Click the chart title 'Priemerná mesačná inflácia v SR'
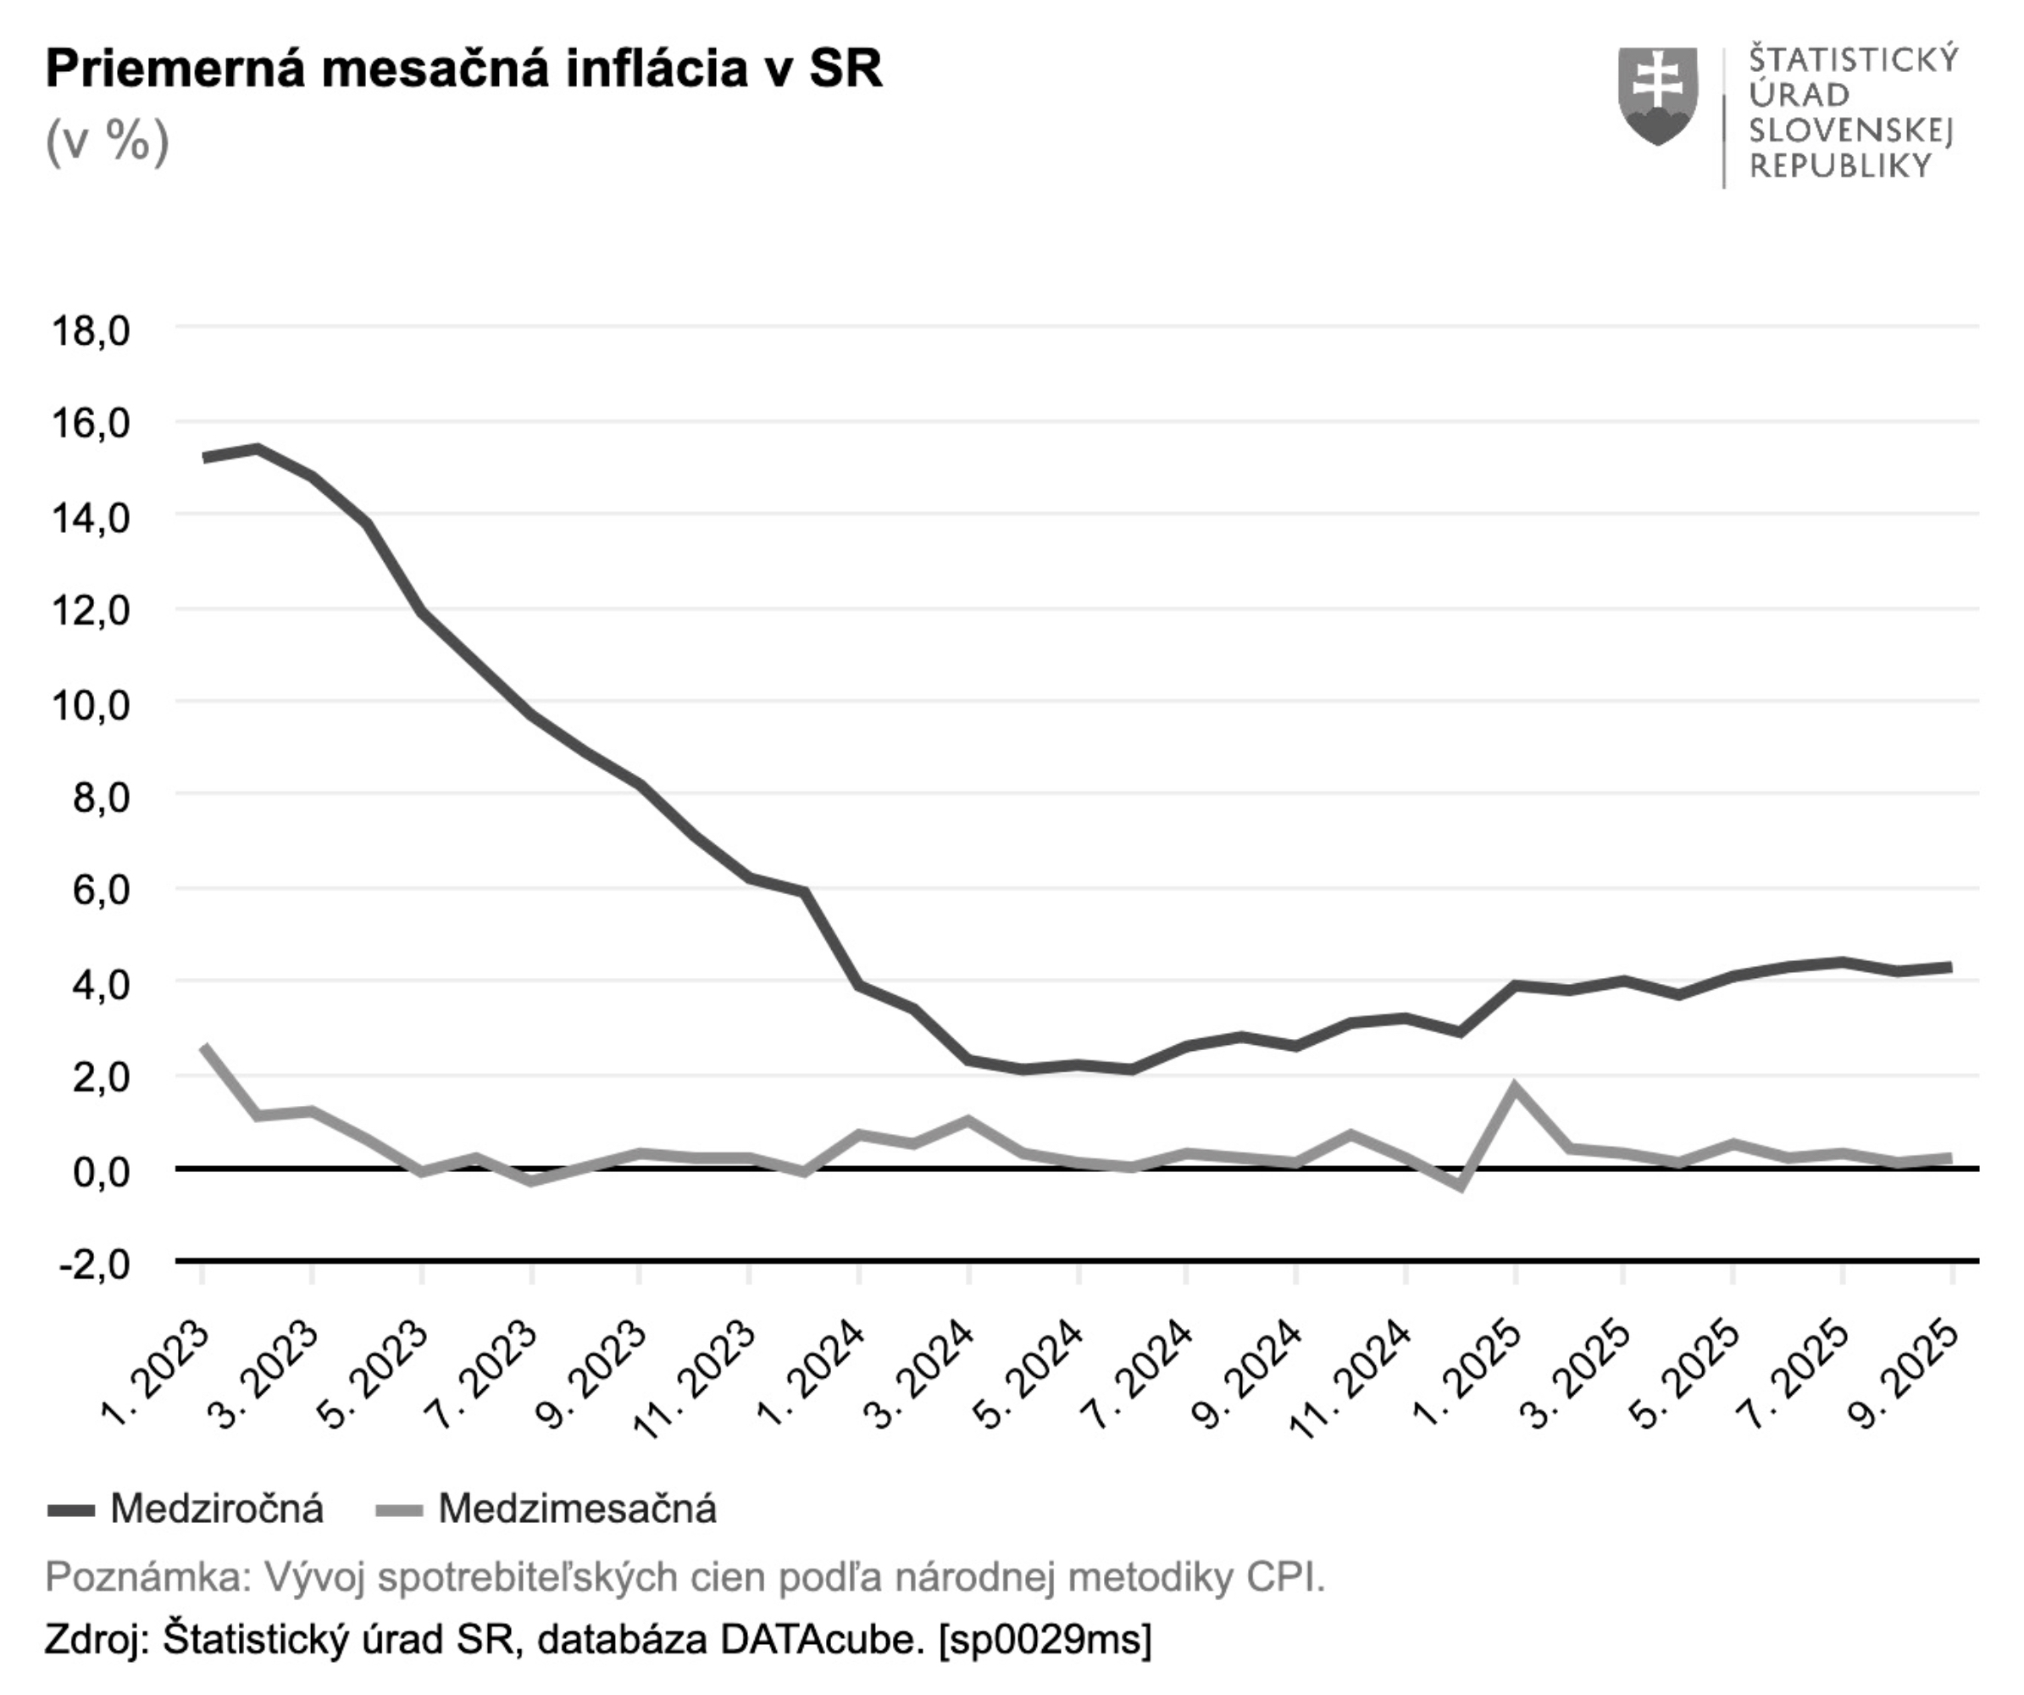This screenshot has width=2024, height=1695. pyautogui.click(x=463, y=69)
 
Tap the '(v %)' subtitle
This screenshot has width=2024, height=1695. pyautogui.click(x=107, y=142)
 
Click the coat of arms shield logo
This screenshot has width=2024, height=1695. pyautogui.click(x=1657, y=97)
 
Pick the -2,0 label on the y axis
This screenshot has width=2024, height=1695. pyautogui.click(x=93, y=1263)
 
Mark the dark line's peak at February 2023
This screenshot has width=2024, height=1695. pyautogui.click(x=258, y=448)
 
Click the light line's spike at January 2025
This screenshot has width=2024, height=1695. pyautogui.click(x=1515, y=1086)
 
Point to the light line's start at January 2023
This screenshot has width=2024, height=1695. pyautogui.click(x=203, y=1046)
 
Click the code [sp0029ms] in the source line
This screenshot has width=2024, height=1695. pyautogui.click(x=1045, y=1639)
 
